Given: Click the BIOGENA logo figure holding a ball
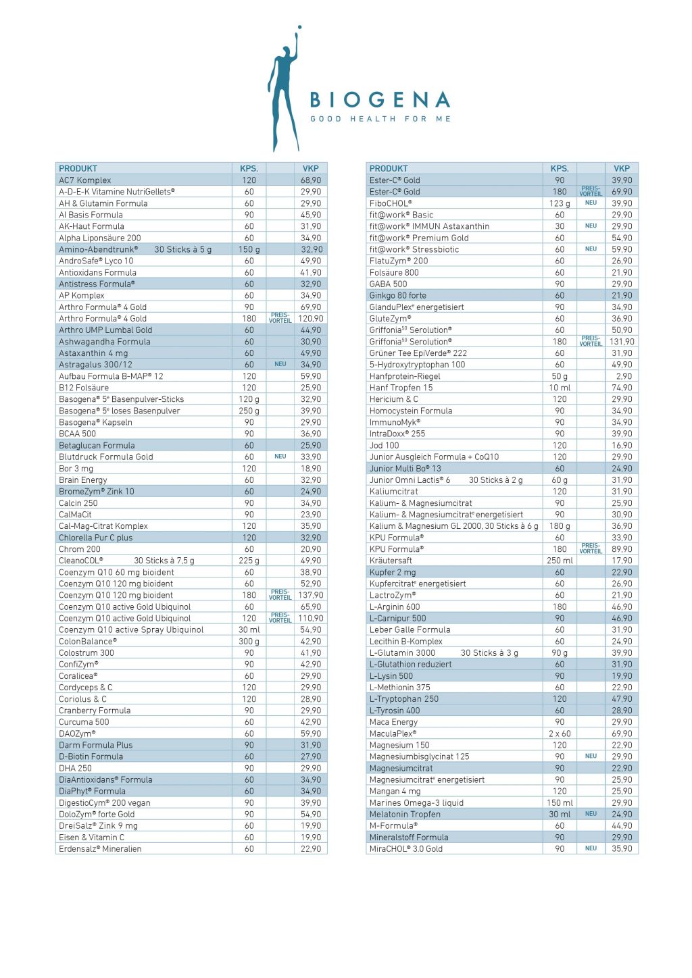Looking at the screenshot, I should click(284, 91).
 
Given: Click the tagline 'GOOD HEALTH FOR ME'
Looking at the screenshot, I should click(380, 119).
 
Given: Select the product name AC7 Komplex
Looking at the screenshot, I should click(85, 180).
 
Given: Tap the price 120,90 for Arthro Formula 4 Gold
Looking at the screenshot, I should click(311, 318).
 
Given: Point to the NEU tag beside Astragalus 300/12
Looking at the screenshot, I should click(280, 364).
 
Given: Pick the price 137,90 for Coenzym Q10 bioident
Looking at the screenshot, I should click(311, 595).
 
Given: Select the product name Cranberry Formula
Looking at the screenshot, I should click(95, 711).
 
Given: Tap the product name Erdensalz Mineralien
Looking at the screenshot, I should click(100, 849).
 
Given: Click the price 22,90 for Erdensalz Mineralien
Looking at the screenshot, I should click(311, 849).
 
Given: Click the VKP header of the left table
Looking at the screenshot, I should click(311, 168).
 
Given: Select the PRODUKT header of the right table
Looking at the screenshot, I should click(389, 168).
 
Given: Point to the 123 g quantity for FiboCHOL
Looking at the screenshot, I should click(560, 203).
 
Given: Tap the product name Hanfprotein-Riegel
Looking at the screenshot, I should click(405, 376).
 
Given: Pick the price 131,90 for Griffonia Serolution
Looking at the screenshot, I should click(622, 342).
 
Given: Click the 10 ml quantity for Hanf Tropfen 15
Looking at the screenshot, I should click(560, 388).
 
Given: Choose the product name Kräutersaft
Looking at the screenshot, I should click(391, 561).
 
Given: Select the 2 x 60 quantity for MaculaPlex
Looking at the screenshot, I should click(560, 733).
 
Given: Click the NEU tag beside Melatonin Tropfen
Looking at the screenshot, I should click(591, 814).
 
